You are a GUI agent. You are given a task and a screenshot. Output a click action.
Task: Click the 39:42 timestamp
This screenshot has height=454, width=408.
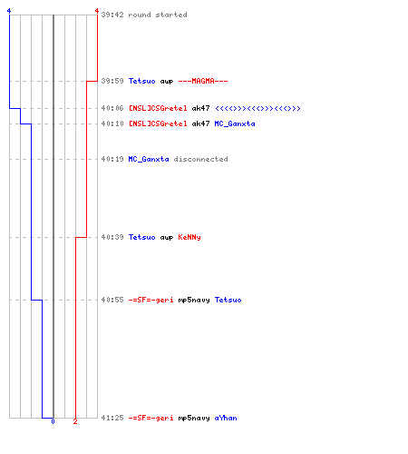[112, 15]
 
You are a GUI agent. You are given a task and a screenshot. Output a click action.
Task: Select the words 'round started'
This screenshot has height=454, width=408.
[158, 15]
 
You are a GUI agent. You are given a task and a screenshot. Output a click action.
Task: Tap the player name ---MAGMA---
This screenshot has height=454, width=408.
[203, 81]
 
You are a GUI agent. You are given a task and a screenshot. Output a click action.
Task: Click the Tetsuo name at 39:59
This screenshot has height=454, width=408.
[141, 81]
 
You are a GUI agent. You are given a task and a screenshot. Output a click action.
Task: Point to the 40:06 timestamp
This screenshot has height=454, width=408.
[112, 108]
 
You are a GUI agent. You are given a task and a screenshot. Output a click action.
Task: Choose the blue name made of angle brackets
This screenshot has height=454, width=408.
[257, 108]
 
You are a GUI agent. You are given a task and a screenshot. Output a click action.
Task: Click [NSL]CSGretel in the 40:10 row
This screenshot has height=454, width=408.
[158, 123]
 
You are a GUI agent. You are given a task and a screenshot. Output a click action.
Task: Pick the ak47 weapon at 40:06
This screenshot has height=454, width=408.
[200, 108]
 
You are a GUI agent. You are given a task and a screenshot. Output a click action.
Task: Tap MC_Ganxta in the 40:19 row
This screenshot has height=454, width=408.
[149, 159]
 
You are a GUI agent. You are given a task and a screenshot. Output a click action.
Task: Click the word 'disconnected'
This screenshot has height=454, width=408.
[200, 159]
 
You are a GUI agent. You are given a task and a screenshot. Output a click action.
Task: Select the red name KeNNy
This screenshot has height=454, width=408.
[189, 237]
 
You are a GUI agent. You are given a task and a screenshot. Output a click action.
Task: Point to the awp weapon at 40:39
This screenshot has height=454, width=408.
[167, 238]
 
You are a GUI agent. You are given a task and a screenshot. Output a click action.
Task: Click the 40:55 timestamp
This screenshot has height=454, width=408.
[112, 300]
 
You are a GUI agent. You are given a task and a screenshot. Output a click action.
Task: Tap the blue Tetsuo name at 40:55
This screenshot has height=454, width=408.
[228, 300]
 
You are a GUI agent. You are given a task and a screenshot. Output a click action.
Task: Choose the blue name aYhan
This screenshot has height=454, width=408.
[226, 418]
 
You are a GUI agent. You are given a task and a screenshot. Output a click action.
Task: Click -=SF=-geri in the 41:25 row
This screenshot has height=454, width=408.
[151, 418]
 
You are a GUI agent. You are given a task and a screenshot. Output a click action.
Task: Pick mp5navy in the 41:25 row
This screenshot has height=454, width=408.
[194, 419]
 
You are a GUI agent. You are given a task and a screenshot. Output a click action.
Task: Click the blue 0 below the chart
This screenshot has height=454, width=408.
[53, 421]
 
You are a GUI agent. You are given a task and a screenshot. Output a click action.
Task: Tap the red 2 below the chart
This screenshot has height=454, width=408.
[75, 421]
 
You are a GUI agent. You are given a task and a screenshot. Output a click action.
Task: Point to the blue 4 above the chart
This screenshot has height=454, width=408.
[9, 11]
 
